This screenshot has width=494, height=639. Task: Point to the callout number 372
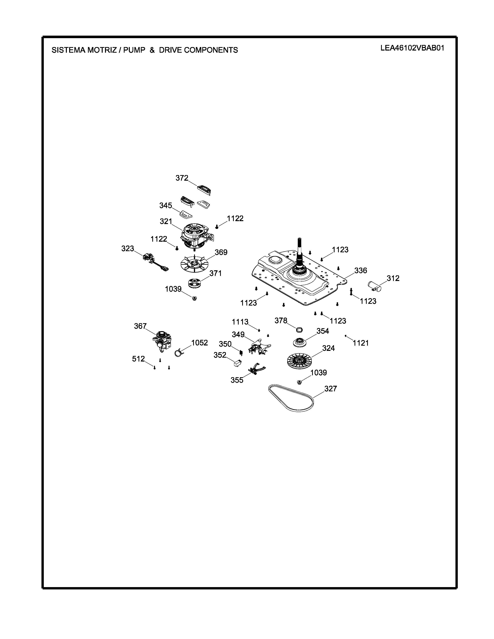coord(182,178)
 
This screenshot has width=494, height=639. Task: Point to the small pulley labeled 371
coord(194,283)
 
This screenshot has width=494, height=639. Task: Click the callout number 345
coord(166,205)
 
